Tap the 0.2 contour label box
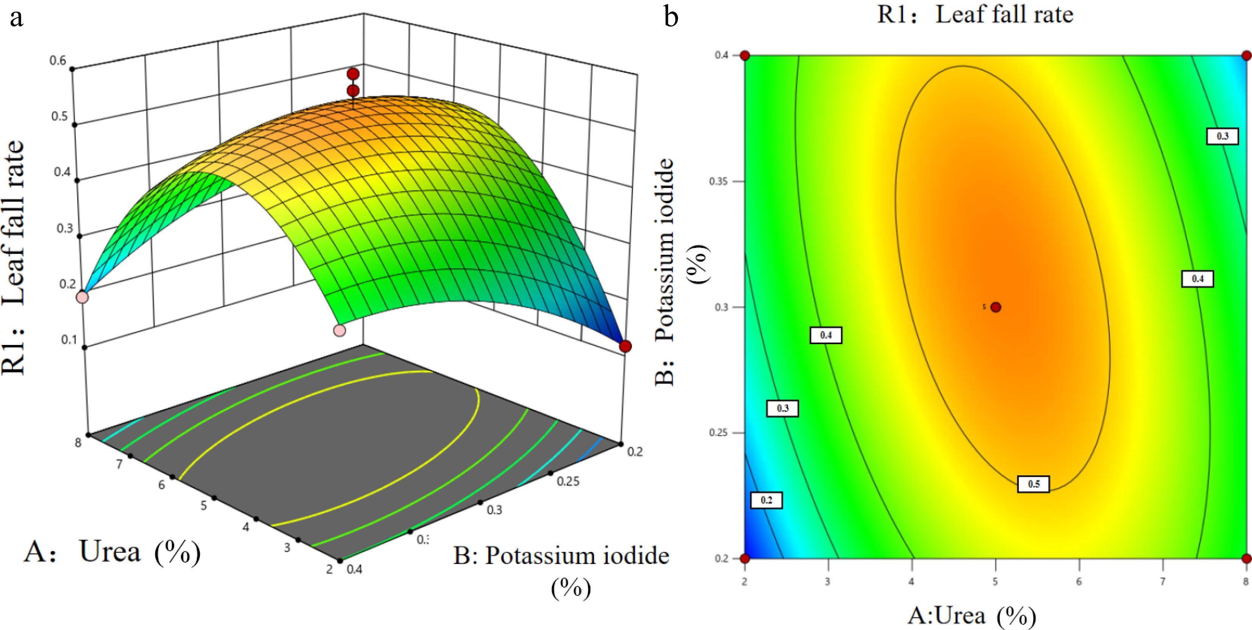[767, 500]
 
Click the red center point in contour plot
[996, 307]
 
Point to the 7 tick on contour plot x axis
[1163, 581]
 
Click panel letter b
[671, 18]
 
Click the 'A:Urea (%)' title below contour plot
[971, 616]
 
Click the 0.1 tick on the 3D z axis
[69, 340]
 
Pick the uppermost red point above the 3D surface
[353, 74]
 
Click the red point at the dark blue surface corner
[625, 346]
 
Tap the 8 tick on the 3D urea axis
[78, 442]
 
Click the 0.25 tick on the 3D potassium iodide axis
[568, 481]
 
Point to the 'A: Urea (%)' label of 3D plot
[112, 552]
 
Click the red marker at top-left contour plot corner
[745, 55]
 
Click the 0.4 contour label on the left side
[826, 335]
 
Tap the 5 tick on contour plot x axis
[995, 581]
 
